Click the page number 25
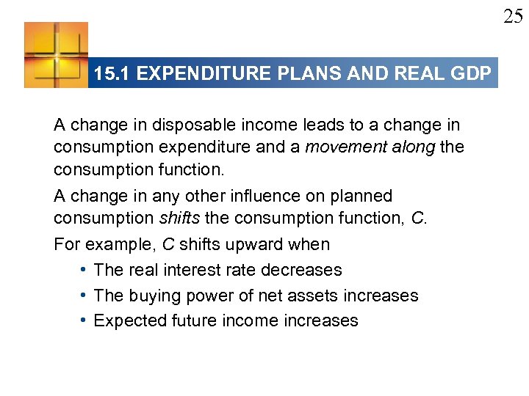coord(513,16)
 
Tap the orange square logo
coord(56,55)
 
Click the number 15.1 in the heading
coord(111,73)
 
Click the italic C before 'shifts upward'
coord(168,244)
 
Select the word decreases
coord(301,270)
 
